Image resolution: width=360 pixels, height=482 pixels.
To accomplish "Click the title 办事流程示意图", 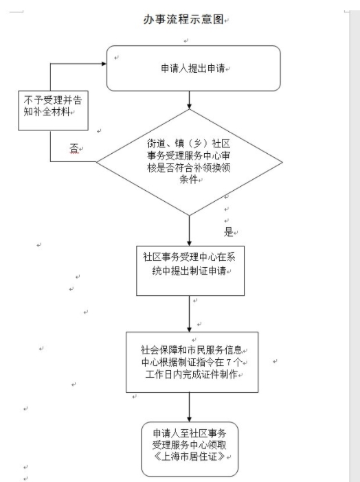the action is [183, 19].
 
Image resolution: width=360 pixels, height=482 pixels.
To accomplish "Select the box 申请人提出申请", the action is [193, 68].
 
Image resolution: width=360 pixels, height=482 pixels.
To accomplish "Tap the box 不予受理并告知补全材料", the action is [53, 111].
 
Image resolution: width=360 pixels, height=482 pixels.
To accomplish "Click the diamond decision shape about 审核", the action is [189, 162].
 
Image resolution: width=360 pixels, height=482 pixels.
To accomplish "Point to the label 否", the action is [74, 148].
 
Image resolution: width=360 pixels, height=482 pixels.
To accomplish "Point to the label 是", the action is [229, 232].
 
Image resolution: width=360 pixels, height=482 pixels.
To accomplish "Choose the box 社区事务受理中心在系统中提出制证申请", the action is [190, 271].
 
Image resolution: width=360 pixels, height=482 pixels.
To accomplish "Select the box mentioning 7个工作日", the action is [192, 362].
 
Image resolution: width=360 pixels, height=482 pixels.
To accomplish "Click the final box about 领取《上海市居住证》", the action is [190, 449].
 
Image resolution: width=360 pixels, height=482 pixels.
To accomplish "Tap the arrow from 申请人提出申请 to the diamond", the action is [189, 100].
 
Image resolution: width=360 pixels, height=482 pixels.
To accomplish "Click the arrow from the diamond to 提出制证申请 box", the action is [189, 231].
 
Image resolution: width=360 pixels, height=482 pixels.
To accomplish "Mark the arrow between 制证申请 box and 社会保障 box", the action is [189, 314].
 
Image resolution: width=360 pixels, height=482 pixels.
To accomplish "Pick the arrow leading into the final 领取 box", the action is [189, 407].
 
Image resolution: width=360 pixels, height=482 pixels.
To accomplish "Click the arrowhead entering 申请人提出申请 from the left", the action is [104, 64].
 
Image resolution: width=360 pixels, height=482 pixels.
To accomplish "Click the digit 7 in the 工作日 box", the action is [229, 363].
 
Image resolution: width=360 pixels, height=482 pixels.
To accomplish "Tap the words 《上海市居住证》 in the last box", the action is [190, 457].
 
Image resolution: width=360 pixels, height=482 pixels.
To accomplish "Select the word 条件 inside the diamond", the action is [189, 179].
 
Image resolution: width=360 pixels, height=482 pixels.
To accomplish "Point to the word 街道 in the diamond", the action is [156, 144].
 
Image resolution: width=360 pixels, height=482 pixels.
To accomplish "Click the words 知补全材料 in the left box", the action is [47, 112].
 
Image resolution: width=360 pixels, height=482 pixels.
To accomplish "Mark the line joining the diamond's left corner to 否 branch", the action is [74, 161].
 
